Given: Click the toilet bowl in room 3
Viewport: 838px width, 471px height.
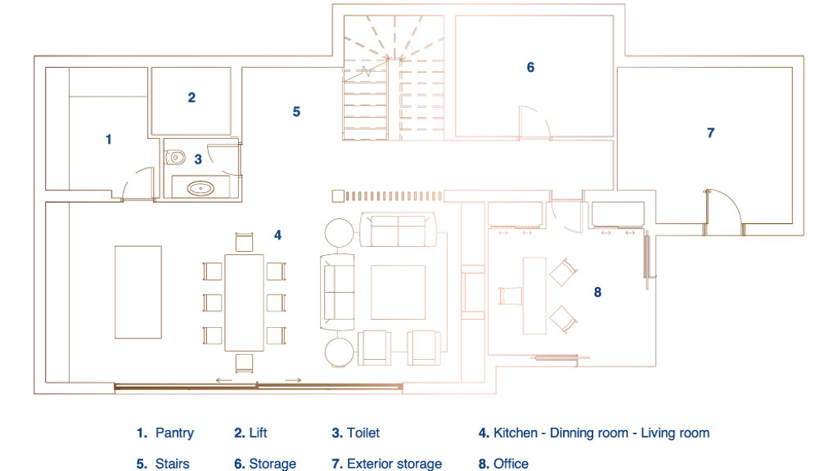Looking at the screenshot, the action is pyautogui.click(x=175, y=158).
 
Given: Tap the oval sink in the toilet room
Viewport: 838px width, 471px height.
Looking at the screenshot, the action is pyautogui.click(x=200, y=188).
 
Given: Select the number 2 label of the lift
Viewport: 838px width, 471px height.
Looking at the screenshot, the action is pyautogui.click(x=191, y=98).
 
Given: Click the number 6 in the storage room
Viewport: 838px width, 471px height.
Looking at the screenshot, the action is pyautogui.click(x=530, y=67).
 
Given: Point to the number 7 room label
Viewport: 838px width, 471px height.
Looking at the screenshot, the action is pyautogui.click(x=710, y=133).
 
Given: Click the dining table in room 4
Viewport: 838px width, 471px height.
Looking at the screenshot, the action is pyautogui.click(x=244, y=303).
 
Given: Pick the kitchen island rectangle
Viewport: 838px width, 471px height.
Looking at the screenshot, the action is pyautogui.click(x=137, y=292).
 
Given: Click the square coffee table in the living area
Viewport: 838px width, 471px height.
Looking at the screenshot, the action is pyautogui.click(x=399, y=292).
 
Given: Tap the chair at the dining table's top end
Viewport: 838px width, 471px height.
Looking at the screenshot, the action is pyautogui.click(x=244, y=242).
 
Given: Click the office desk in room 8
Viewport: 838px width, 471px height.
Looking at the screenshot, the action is pyautogui.click(x=534, y=296).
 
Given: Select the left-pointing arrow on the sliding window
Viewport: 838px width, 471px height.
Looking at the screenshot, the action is pyautogui.click(x=224, y=380).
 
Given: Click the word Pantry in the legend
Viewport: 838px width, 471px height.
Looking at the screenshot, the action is pyautogui.click(x=175, y=433).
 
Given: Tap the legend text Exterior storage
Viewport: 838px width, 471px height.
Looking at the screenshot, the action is pyautogui.click(x=394, y=464).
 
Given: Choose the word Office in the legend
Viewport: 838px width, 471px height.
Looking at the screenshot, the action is pyautogui.click(x=511, y=464).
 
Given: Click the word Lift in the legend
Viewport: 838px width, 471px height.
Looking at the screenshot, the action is pyautogui.click(x=258, y=433).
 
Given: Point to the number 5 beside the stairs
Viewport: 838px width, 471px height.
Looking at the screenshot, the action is pyautogui.click(x=296, y=111).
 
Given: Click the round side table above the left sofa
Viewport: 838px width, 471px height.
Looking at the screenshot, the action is pyautogui.click(x=340, y=233).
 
